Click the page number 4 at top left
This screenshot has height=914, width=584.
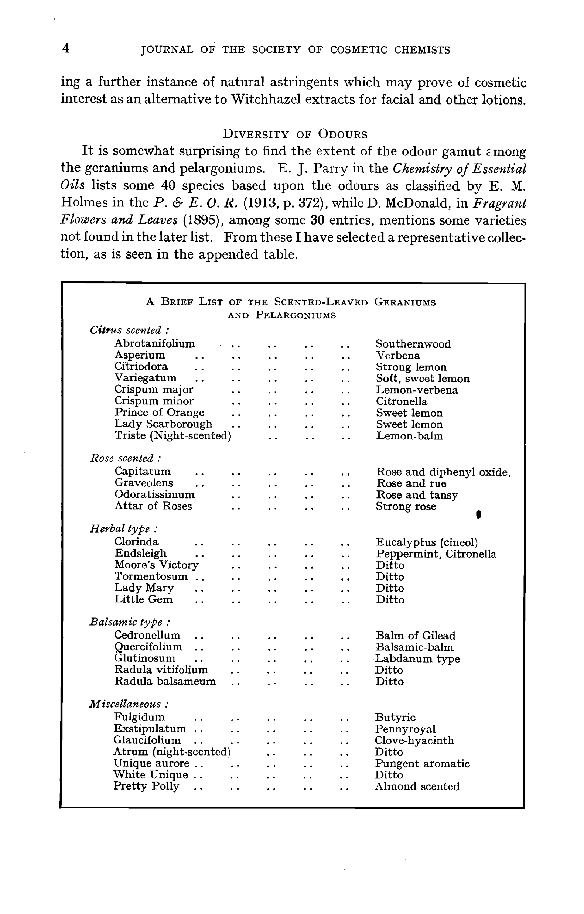(x=66, y=49)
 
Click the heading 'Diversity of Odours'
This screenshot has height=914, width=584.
(x=295, y=134)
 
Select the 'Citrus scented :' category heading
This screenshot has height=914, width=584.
(x=130, y=330)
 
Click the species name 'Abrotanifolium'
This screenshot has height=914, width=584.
(x=154, y=343)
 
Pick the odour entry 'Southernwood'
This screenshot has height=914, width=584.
(x=413, y=344)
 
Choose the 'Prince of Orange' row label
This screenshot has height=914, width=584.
(x=160, y=413)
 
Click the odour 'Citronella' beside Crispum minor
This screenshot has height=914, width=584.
(x=402, y=401)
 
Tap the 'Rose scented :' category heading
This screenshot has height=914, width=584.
(x=125, y=458)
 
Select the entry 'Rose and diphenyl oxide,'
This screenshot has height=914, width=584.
(x=443, y=472)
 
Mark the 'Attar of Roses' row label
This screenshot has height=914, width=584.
(x=153, y=506)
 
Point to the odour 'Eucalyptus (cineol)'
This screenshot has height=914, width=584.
(x=426, y=542)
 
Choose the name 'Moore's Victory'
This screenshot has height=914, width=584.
(x=157, y=565)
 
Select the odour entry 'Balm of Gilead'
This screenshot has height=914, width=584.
(x=416, y=636)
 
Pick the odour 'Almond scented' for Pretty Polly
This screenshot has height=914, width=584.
(x=417, y=787)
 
